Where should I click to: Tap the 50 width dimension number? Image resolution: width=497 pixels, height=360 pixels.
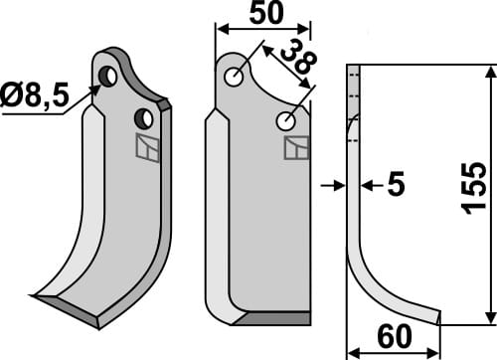tap(263, 14)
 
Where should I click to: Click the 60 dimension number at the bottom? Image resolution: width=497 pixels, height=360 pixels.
tap(392, 339)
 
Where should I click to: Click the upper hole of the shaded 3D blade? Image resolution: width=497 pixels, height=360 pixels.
tap(110, 76)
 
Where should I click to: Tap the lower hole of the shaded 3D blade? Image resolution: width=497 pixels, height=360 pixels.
tap(145, 118)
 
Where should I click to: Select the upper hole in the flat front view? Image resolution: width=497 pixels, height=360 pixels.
tap(234, 77)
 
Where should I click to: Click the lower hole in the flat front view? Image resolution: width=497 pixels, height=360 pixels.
tap(286, 121)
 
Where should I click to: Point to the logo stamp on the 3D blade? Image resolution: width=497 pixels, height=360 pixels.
tap(146, 147)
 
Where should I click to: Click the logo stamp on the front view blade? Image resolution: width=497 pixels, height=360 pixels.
tap(296, 148)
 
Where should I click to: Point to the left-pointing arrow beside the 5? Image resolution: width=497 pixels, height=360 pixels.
tap(366, 185)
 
